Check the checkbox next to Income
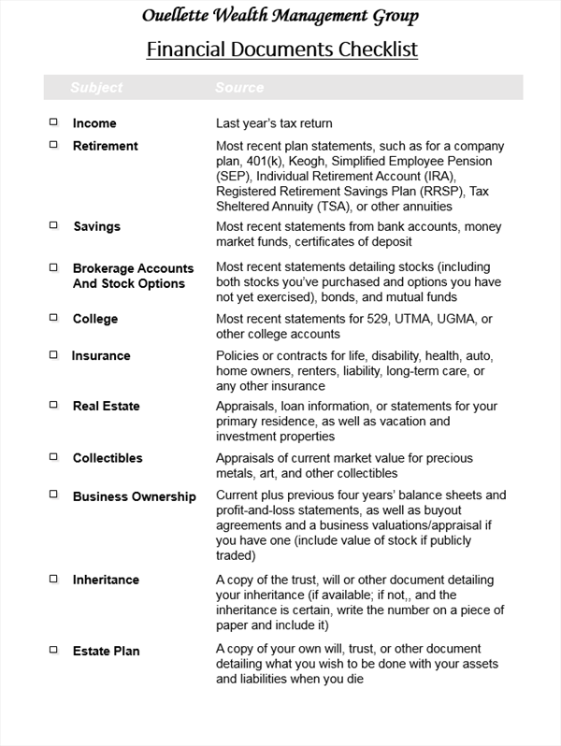click(x=53, y=122)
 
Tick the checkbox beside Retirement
click(x=53, y=144)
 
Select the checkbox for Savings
click(x=53, y=225)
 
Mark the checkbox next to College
click(x=53, y=318)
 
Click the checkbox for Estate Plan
click(x=53, y=649)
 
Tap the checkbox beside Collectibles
click(x=53, y=457)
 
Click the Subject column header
click(x=96, y=88)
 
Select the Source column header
click(x=239, y=88)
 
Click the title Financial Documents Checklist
click(x=281, y=49)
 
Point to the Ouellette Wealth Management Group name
click(x=280, y=16)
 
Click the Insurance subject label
click(x=101, y=356)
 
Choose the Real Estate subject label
click(x=107, y=406)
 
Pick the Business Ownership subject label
click(x=135, y=496)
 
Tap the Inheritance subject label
click(x=107, y=580)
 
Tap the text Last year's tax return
click(x=274, y=123)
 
